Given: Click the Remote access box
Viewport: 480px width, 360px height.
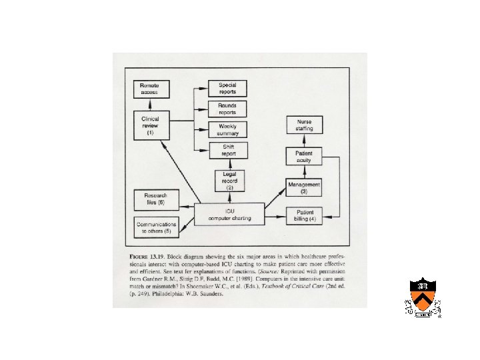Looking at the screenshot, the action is (151, 89).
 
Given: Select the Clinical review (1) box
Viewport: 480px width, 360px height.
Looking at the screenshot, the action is (151, 125).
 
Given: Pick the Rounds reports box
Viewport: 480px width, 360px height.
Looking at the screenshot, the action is (227, 109).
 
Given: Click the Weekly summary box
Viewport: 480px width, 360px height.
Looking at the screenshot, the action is (227, 130).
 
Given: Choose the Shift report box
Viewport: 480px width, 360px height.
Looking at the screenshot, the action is (227, 151).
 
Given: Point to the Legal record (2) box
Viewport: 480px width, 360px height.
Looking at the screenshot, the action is (229, 181).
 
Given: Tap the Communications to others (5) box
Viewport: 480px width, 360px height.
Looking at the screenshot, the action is (157, 228).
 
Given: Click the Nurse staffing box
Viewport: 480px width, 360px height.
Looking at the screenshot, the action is (304, 125).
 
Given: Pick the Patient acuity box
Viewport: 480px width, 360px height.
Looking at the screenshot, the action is (304, 157).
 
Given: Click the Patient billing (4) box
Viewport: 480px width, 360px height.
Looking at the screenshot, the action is (305, 216).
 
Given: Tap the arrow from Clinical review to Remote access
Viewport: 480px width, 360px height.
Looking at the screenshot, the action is (151, 105).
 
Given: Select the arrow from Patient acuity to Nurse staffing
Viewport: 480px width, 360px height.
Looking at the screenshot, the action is (304, 141).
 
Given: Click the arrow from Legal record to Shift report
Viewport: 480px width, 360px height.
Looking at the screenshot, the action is (228, 165).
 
